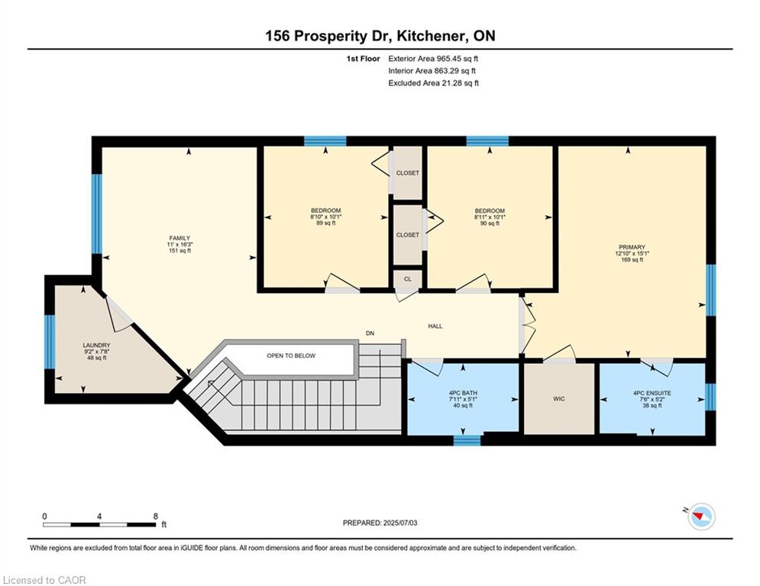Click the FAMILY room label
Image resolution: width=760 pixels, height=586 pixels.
click(179, 238)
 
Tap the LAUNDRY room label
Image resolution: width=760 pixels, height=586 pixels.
click(96, 346)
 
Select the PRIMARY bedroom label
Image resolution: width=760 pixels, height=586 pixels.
click(632, 247)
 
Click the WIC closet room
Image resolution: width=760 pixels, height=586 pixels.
click(559, 398)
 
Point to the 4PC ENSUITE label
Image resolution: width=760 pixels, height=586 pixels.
click(652, 393)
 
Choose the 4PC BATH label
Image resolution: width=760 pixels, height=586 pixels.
click(463, 393)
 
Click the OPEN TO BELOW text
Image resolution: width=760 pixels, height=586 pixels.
click(291, 356)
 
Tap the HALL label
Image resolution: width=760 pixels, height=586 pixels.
click(435, 326)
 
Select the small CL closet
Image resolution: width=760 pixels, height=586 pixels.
click(407, 279)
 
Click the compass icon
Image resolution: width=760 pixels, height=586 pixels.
click(701, 517)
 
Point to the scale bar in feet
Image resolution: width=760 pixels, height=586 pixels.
click(99, 524)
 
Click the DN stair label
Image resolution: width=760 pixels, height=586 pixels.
click(370, 333)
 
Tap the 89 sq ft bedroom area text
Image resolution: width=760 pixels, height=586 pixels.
click(325, 224)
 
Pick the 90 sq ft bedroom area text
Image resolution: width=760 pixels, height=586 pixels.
click(490, 224)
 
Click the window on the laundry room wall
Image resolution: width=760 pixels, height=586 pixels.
click(50, 342)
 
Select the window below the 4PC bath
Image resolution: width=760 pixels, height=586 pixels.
click(467, 440)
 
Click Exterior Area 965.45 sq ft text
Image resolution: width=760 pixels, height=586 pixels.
click(433, 59)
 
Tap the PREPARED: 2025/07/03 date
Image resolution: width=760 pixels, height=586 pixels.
click(380, 523)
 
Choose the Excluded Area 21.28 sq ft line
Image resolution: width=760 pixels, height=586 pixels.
click(433, 83)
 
